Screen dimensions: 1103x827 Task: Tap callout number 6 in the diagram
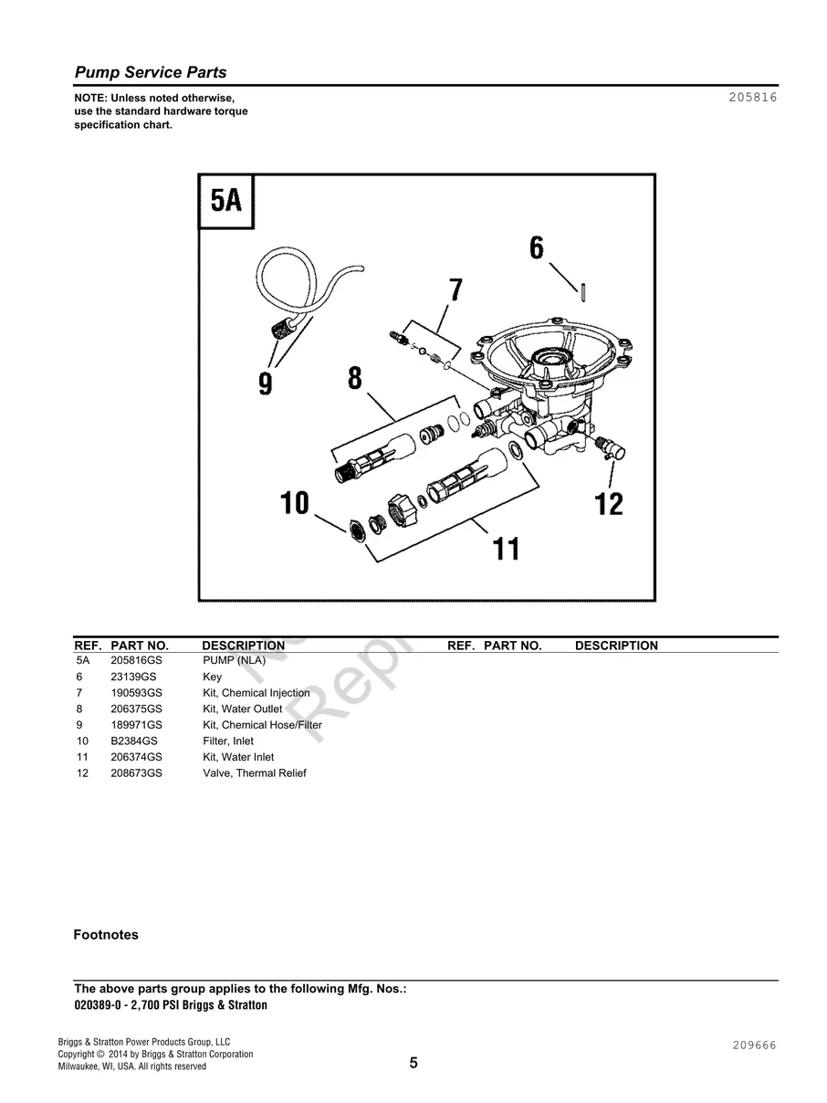536,248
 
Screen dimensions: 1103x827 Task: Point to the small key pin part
582,289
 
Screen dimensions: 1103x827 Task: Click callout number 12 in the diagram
609,503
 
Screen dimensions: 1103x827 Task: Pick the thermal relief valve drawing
605,448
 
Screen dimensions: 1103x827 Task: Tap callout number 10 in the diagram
295,503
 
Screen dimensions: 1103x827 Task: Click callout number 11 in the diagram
506,549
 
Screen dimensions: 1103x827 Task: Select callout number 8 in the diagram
354,378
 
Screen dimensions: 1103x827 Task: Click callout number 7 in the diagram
455,290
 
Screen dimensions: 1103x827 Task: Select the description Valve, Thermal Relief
254,773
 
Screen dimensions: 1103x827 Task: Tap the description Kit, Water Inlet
237,757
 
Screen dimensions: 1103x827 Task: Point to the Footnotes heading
106,935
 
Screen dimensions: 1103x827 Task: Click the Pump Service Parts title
150,73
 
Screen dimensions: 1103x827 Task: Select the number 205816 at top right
752,98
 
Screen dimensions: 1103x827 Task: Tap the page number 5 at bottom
413,1063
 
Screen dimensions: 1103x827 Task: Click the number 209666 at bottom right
752,1045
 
